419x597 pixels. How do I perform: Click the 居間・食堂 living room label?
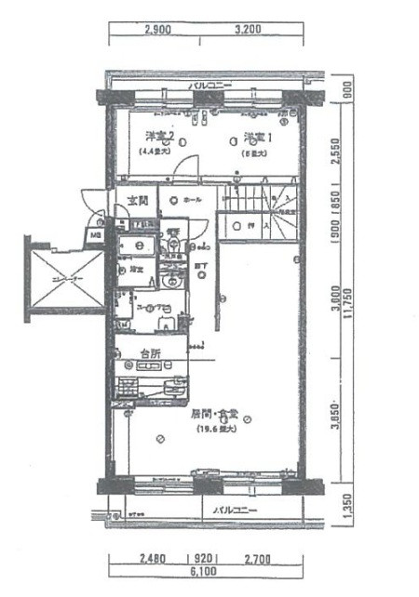tap(216, 413)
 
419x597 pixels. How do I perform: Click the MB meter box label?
tap(96, 233)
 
